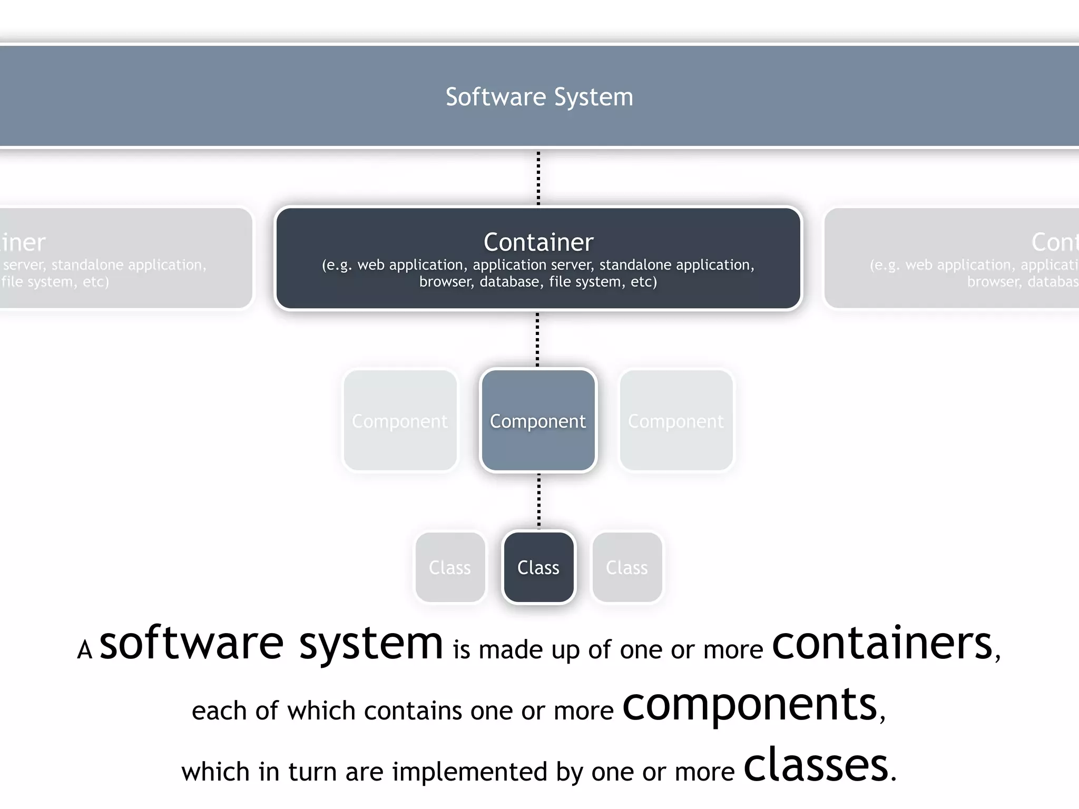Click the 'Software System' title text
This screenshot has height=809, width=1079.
[539, 97]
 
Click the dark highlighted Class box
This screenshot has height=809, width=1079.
[538, 567]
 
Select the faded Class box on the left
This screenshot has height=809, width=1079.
[450, 567]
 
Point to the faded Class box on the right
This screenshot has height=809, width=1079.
[627, 567]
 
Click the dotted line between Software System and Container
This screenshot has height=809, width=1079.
[538, 178]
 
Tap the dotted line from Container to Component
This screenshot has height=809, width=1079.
[537, 340]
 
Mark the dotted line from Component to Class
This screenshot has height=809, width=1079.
[538, 500]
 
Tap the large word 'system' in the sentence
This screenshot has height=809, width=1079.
[371, 644]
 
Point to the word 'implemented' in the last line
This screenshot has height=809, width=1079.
[470, 772]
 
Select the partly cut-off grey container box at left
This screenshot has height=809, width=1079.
[126, 258]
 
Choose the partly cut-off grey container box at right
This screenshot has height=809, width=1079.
[951, 258]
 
